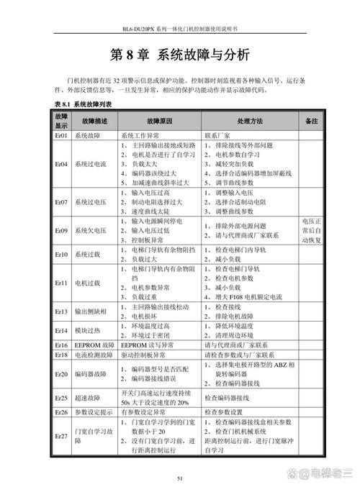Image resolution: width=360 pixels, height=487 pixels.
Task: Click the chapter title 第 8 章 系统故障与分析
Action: [180, 55]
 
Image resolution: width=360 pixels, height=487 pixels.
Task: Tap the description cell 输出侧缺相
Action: [93, 311]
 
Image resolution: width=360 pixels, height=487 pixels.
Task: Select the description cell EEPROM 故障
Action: [93, 345]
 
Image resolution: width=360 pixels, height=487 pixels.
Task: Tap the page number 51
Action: [180, 476]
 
